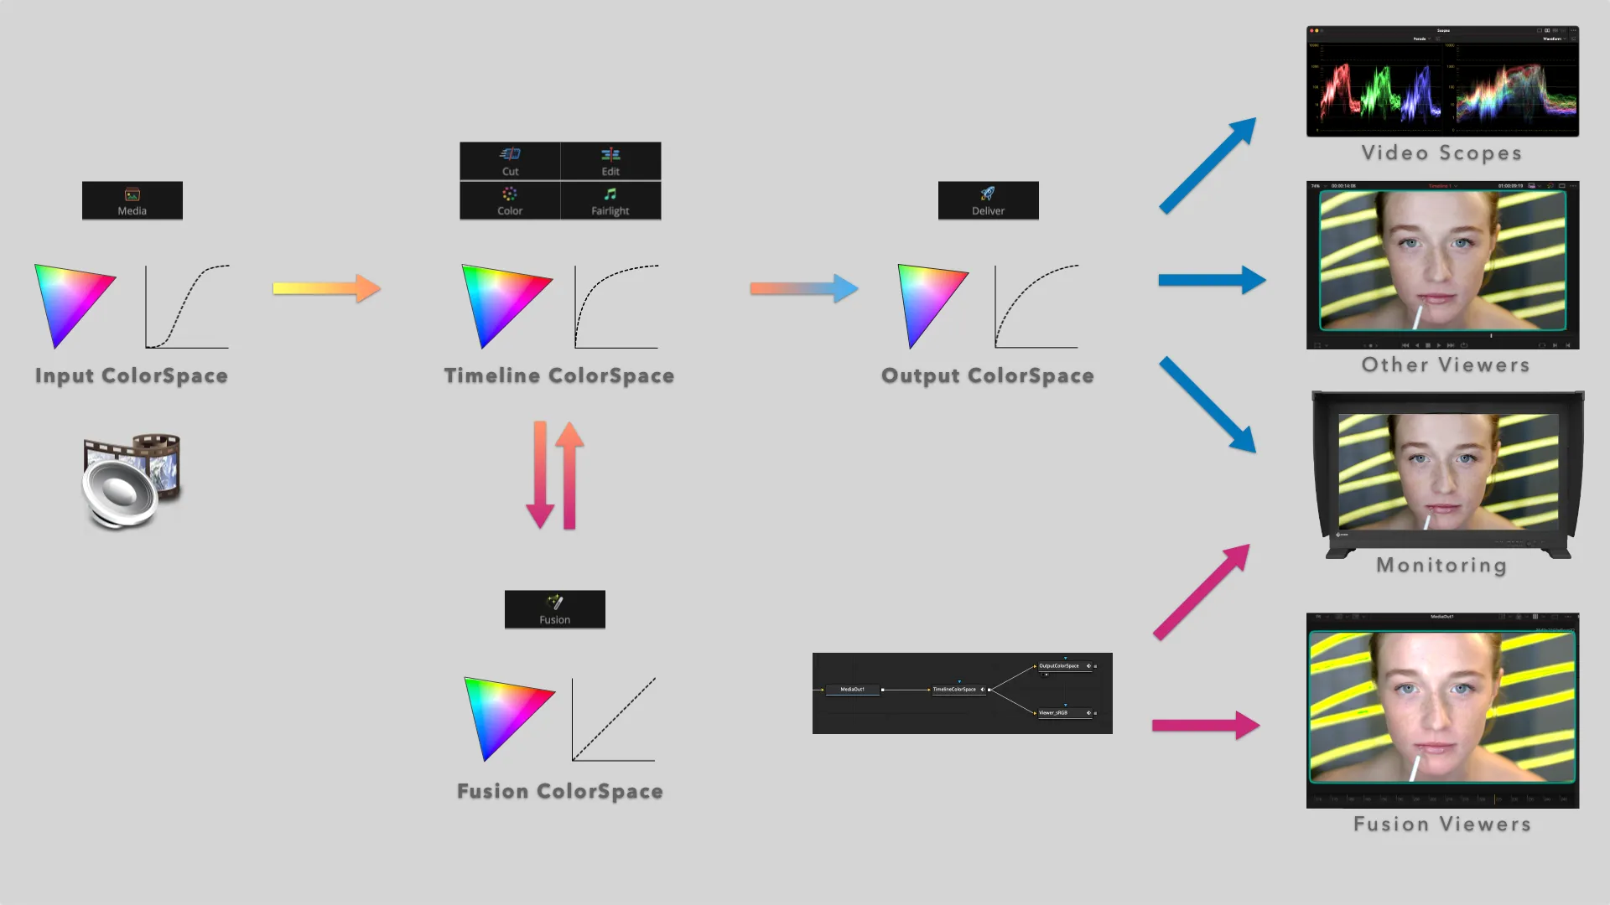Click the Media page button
click(132, 200)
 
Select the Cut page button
click(510, 161)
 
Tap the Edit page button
click(610, 161)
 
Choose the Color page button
click(510, 201)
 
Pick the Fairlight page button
click(610, 201)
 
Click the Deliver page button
click(988, 200)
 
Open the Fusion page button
click(554, 609)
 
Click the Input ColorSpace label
click(132, 375)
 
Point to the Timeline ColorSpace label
click(559, 375)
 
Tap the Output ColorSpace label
click(988, 375)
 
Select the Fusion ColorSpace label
click(560, 791)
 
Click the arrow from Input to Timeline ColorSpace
click(327, 288)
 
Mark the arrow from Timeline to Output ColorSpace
click(803, 288)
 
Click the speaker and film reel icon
click(132, 481)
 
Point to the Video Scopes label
click(1441, 153)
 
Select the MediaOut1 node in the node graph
click(852, 690)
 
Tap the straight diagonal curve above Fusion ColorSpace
click(614, 719)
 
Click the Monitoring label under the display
click(1441, 565)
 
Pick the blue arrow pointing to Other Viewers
click(1212, 280)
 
